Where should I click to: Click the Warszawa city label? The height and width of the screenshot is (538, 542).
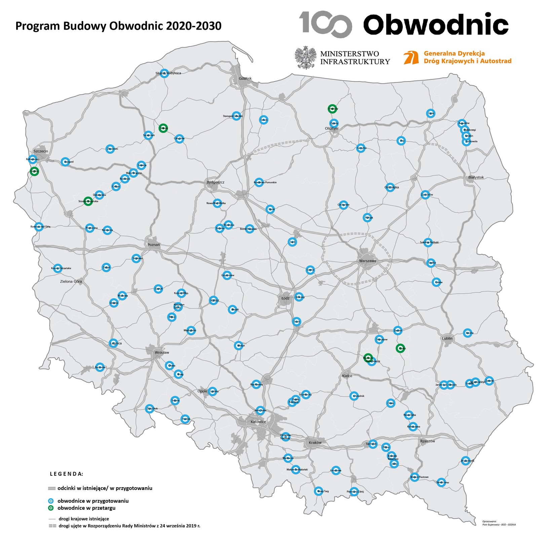[x=367, y=261]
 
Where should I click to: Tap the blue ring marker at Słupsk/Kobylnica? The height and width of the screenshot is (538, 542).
[x=164, y=73]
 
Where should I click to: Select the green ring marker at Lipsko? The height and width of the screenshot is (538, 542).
[x=400, y=348]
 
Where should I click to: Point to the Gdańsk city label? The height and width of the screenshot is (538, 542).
[x=245, y=78]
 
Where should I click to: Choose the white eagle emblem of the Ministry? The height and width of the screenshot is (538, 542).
[x=306, y=57]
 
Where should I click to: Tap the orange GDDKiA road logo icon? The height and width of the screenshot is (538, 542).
[x=411, y=57]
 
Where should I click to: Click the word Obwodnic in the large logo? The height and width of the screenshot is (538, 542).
[x=436, y=24]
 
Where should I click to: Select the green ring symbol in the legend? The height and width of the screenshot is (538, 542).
[x=51, y=508]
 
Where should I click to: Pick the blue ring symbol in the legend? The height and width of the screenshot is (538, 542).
[x=51, y=501]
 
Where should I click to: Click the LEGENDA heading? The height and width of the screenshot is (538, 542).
[x=66, y=474]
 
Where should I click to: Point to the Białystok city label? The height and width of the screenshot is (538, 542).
[x=476, y=177]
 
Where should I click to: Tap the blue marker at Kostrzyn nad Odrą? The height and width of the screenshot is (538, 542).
[x=39, y=227]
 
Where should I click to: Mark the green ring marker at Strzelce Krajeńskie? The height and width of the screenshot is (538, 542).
[x=88, y=201]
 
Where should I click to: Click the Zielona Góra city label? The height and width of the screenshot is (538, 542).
[x=71, y=281]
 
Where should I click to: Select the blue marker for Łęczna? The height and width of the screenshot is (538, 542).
[x=467, y=333]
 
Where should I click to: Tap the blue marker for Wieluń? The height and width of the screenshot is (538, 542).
[x=238, y=345]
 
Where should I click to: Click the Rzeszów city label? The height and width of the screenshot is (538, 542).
[x=427, y=441]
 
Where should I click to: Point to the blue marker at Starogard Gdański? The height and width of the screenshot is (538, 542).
[x=236, y=116]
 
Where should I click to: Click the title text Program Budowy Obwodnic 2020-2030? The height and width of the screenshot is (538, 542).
[x=118, y=26]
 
